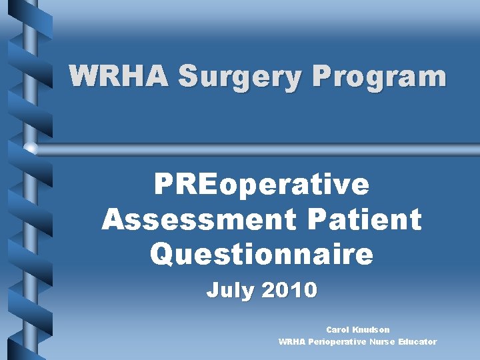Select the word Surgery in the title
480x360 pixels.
coord(224,77)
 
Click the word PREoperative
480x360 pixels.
coord(261,185)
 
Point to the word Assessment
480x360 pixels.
coord(181,219)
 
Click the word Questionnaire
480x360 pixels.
coord(261,253)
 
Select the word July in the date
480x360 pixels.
coord(230,291)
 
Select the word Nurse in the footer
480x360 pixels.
coord(381,341)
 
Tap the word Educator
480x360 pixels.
coord(417,341)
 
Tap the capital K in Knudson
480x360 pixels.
coord(357,329)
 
